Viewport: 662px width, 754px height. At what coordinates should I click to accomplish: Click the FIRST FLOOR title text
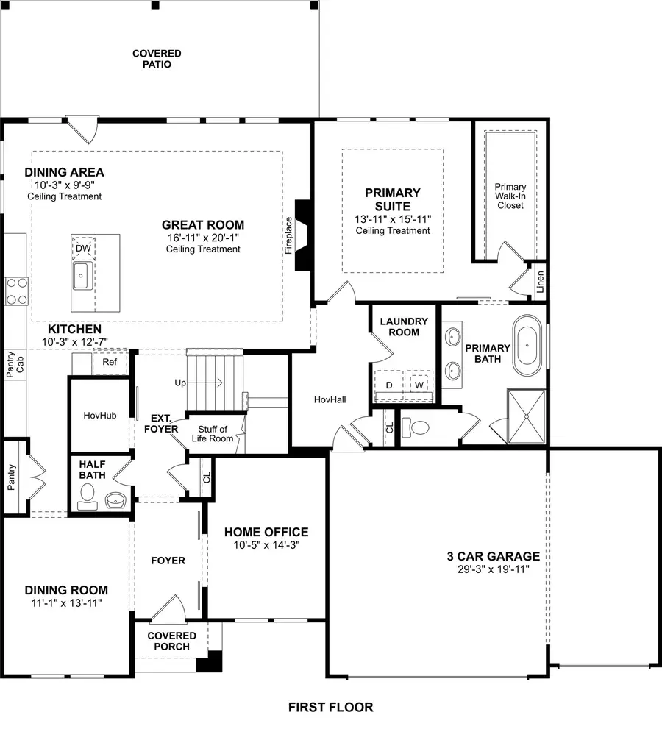coord(330,708)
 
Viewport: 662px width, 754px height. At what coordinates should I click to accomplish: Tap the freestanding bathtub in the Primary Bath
coord(527,342)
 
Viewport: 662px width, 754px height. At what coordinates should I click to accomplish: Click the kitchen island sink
coord(81,277)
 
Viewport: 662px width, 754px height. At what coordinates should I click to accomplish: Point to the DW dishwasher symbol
coord(83,248)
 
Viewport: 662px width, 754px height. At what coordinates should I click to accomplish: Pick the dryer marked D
coord(388,385)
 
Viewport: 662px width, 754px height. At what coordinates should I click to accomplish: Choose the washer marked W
coord(419,385)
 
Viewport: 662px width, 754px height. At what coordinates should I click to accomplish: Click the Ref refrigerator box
coord(110,362)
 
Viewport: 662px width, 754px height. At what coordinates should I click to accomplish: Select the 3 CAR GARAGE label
coord(493,557)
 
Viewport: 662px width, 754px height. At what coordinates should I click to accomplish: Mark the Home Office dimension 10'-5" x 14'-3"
coord(266,545)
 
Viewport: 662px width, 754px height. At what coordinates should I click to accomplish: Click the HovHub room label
coord(100,416)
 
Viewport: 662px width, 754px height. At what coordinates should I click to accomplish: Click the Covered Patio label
coord(157,59)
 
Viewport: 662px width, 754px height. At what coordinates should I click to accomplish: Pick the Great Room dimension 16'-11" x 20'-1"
coord(203,238)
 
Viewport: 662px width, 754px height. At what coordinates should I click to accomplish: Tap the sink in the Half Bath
coord(115,500)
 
